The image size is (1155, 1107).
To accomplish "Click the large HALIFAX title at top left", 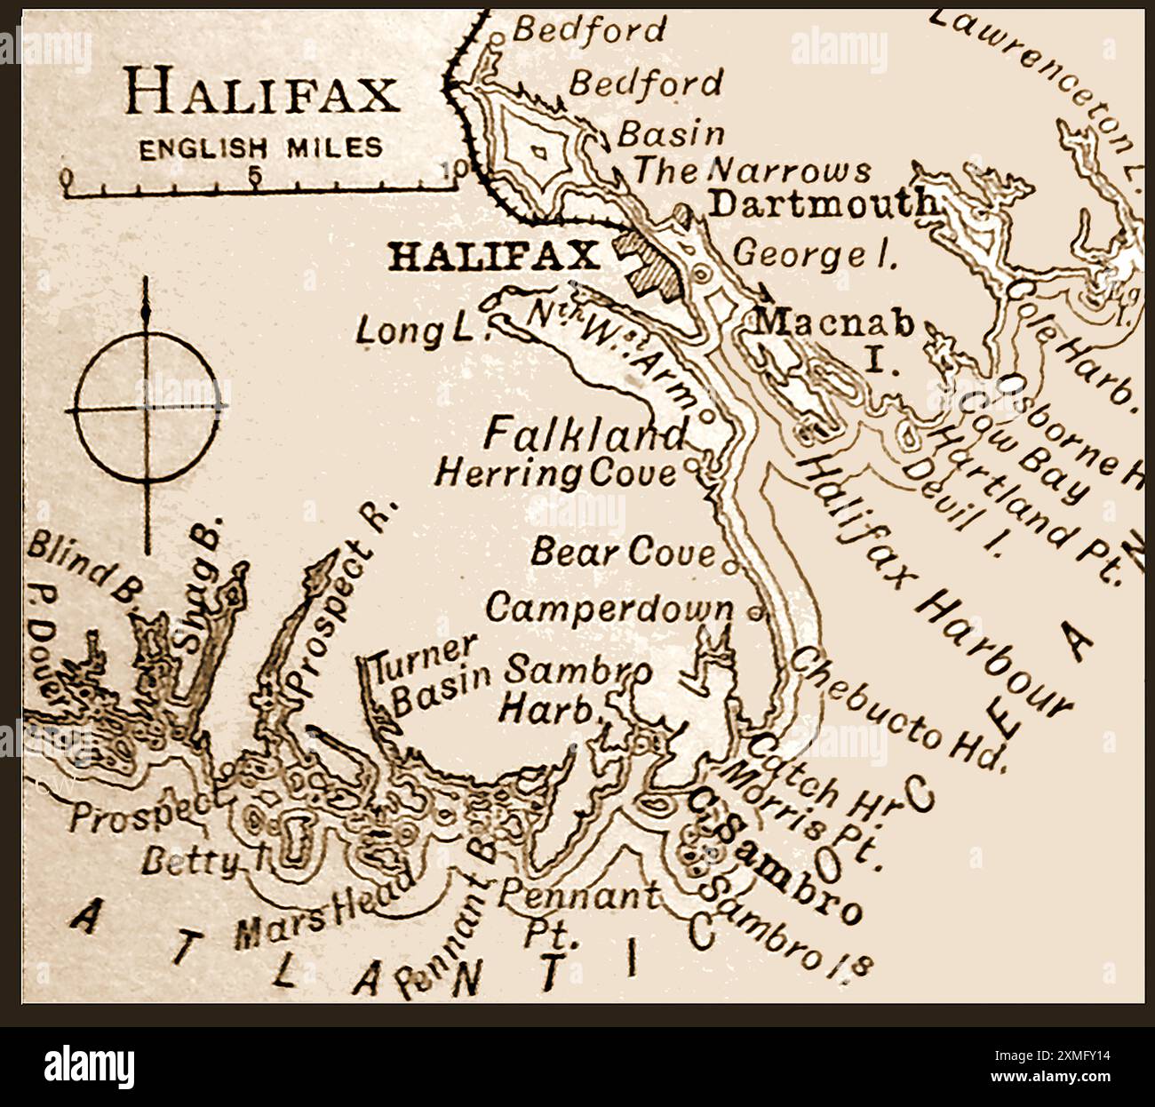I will pos(262,92).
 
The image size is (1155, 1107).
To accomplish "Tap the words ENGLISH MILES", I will pos(261,147).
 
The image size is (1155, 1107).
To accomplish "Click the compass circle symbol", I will pos(147,409).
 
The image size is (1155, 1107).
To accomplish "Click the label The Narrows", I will pos(752,170).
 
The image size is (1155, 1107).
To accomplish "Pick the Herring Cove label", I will pos(555,473).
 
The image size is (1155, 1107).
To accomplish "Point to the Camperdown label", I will pos(609,609).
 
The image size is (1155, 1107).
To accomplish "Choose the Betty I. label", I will pos(190,860).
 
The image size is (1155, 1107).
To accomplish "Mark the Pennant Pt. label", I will pos(576,908).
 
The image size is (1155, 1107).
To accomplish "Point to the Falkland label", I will pos(585,434).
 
